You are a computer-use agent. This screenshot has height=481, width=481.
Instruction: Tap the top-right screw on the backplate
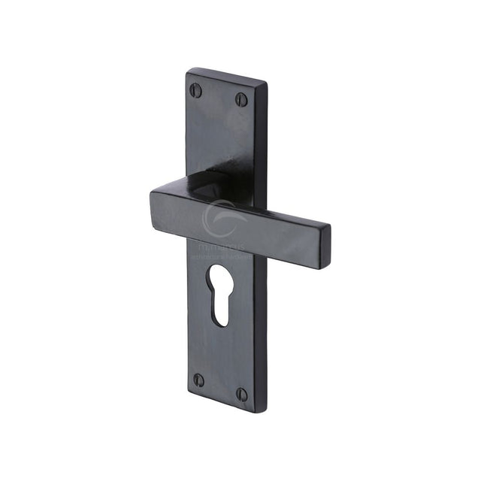(x=241, y=98)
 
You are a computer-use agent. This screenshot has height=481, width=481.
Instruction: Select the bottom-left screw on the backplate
(x=198, y=380)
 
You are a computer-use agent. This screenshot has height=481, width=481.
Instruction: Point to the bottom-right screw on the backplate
(x=241, y=393)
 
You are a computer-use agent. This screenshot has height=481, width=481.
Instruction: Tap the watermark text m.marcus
(x=218, y=246)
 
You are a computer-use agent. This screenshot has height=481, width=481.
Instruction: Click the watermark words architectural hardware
(x=222, y=255)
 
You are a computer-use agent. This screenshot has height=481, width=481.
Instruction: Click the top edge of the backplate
(x=225, y=76)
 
